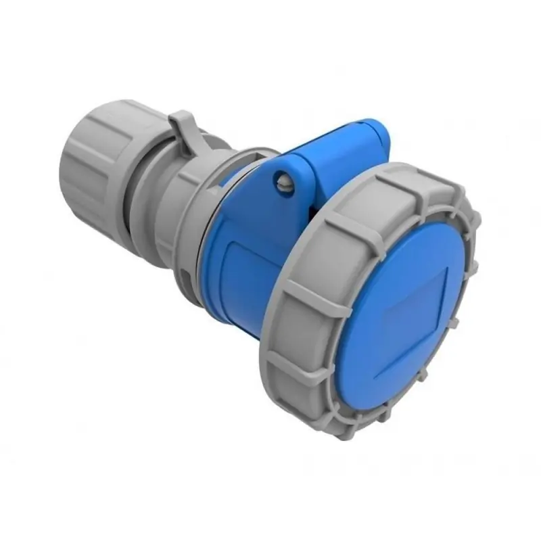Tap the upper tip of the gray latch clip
point(177,116)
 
